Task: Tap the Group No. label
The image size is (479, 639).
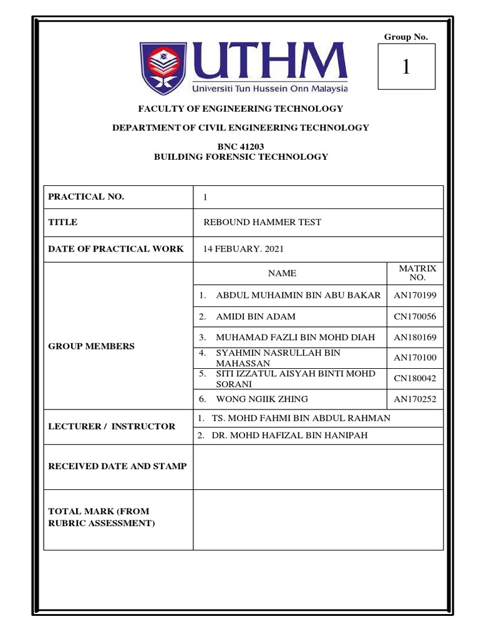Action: point(406,37)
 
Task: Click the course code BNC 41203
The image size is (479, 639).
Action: point(240,147)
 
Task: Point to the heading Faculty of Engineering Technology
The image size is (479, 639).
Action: point(240,109)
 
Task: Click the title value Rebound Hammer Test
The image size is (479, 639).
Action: point(263,222)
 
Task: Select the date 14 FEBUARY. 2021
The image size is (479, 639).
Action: point(244,249)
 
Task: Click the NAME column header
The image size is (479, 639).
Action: point(282,273)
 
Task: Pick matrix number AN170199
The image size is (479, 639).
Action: point(415,295)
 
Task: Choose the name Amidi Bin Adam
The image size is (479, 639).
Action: point(256,316)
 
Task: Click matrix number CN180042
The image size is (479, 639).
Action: point(415,378)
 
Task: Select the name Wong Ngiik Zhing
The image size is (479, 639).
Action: point(261,399)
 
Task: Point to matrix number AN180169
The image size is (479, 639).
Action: point(415,338)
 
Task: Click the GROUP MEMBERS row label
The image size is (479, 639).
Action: point(91,346)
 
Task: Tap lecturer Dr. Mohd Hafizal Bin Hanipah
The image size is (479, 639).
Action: point(289,436)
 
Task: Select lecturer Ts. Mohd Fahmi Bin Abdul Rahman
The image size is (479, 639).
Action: point(301,418)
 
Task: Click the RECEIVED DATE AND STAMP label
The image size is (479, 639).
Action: point(117,466)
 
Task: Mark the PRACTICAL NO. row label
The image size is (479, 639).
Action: point(86,197)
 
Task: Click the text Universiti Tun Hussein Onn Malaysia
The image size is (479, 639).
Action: point(269,87)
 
